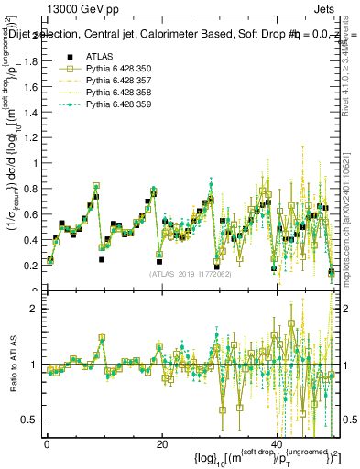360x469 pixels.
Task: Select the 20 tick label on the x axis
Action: pyautogui.click(x=162, y=443)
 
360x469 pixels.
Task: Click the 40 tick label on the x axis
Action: pyautogui.click(x=278, y=443)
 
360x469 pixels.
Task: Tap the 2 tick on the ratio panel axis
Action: pyautogui.click(x=34, y=309)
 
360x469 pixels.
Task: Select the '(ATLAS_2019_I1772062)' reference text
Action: pyautogui.click(x=191, y=273)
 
